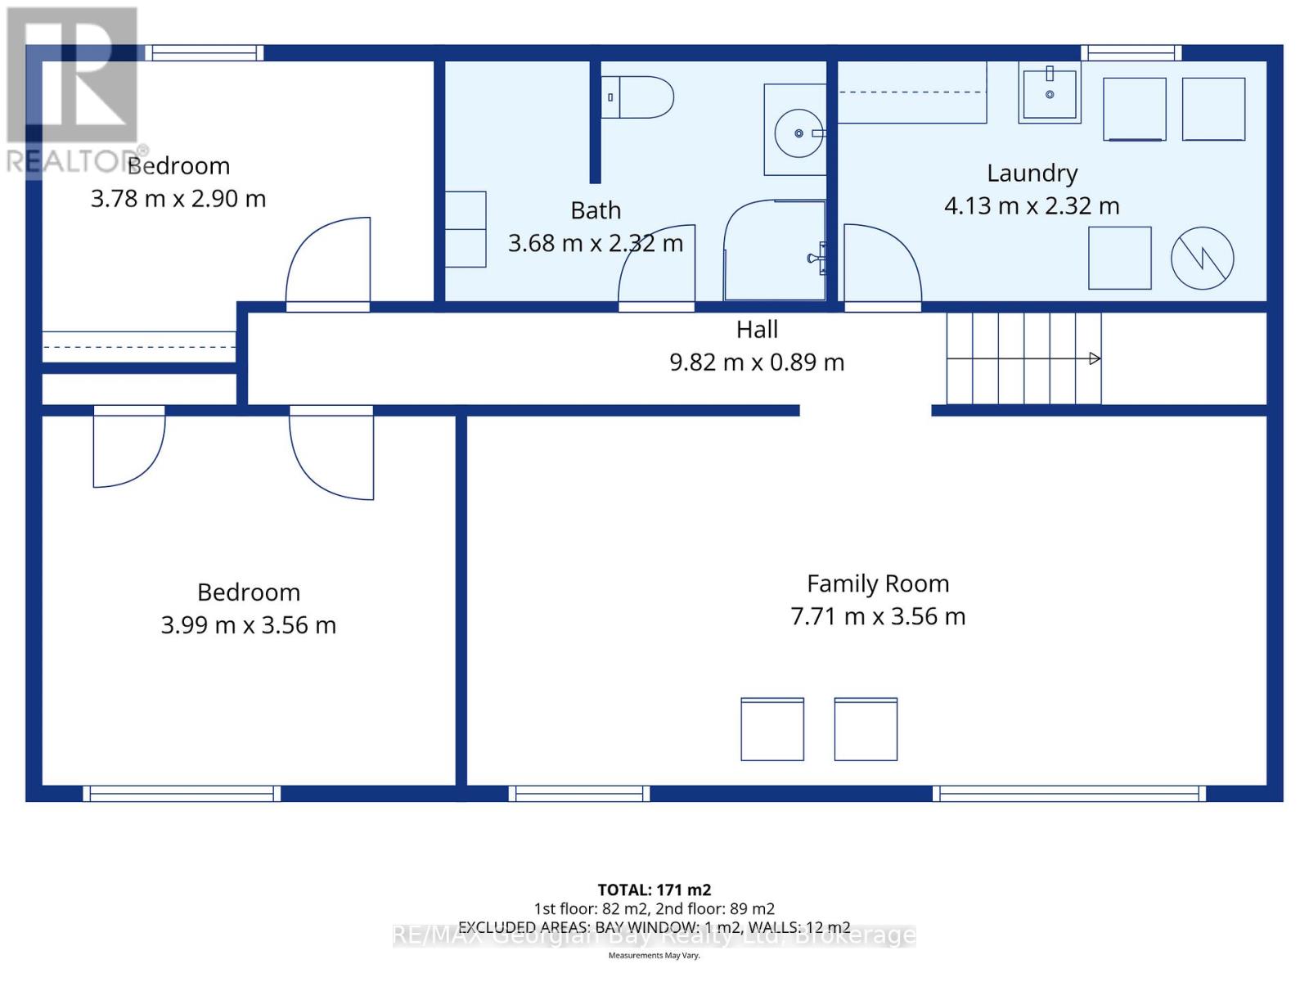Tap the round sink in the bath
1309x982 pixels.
[799, 133]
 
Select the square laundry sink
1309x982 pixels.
[1050, 94]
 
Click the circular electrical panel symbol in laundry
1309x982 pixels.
[1202, 258]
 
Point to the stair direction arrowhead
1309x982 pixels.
[1095, 358]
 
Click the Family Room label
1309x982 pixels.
[878, 583]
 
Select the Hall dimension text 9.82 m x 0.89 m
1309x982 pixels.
[757, 362]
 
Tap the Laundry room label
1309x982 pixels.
[1032, 173]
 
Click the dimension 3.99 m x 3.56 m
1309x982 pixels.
[249, 625]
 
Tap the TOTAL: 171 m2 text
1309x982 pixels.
[654, 890]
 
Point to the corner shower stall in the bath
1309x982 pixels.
[774, 250]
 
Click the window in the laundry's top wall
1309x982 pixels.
[1131, 53]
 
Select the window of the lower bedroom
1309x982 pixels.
[182, 793]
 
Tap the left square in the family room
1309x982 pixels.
[772, 729]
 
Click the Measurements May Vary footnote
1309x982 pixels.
[654, 956]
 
